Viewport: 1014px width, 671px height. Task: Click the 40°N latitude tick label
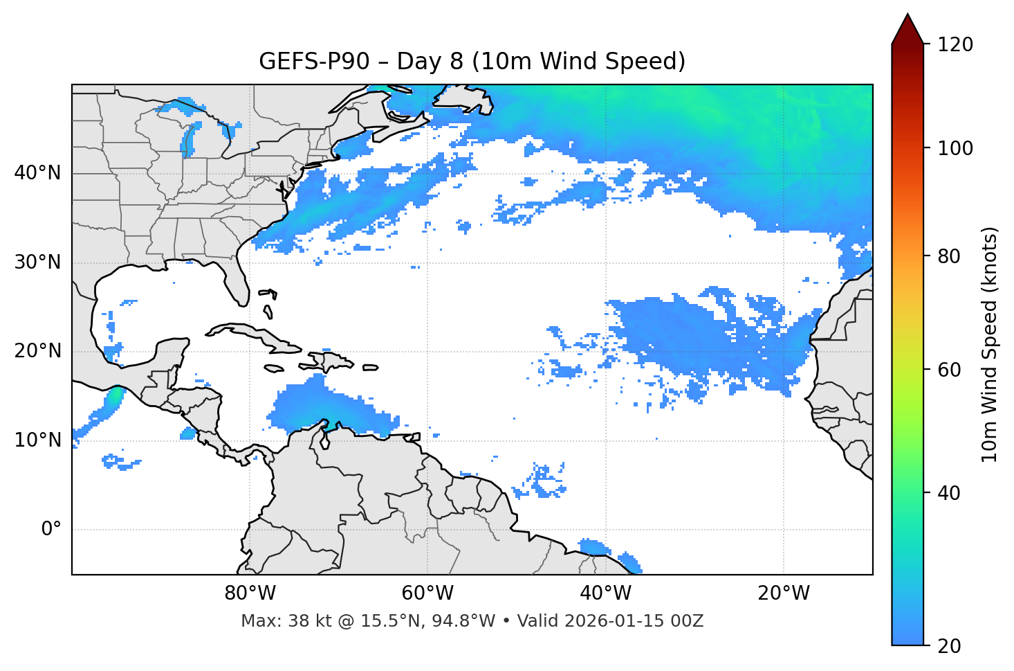click(x=37, y=173)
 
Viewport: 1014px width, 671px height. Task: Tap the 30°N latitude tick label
click(x=37, y=262)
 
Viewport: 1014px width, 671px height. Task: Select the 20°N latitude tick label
click(x=37, y=351)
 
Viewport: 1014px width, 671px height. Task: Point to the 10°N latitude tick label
click(x=37, y=440)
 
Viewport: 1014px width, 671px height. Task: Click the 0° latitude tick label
click(x=51, y=530)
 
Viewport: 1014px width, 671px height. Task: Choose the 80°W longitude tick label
click(x=250, y=593)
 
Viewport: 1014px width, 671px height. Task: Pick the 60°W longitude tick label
click(x=427, y=593)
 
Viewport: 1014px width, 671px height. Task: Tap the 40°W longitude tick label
click(x=606, y=593)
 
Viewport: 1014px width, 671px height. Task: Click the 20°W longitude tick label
click(x=784, y=593)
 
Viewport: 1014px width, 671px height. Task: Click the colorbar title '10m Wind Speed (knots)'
click(x=990, y=344)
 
